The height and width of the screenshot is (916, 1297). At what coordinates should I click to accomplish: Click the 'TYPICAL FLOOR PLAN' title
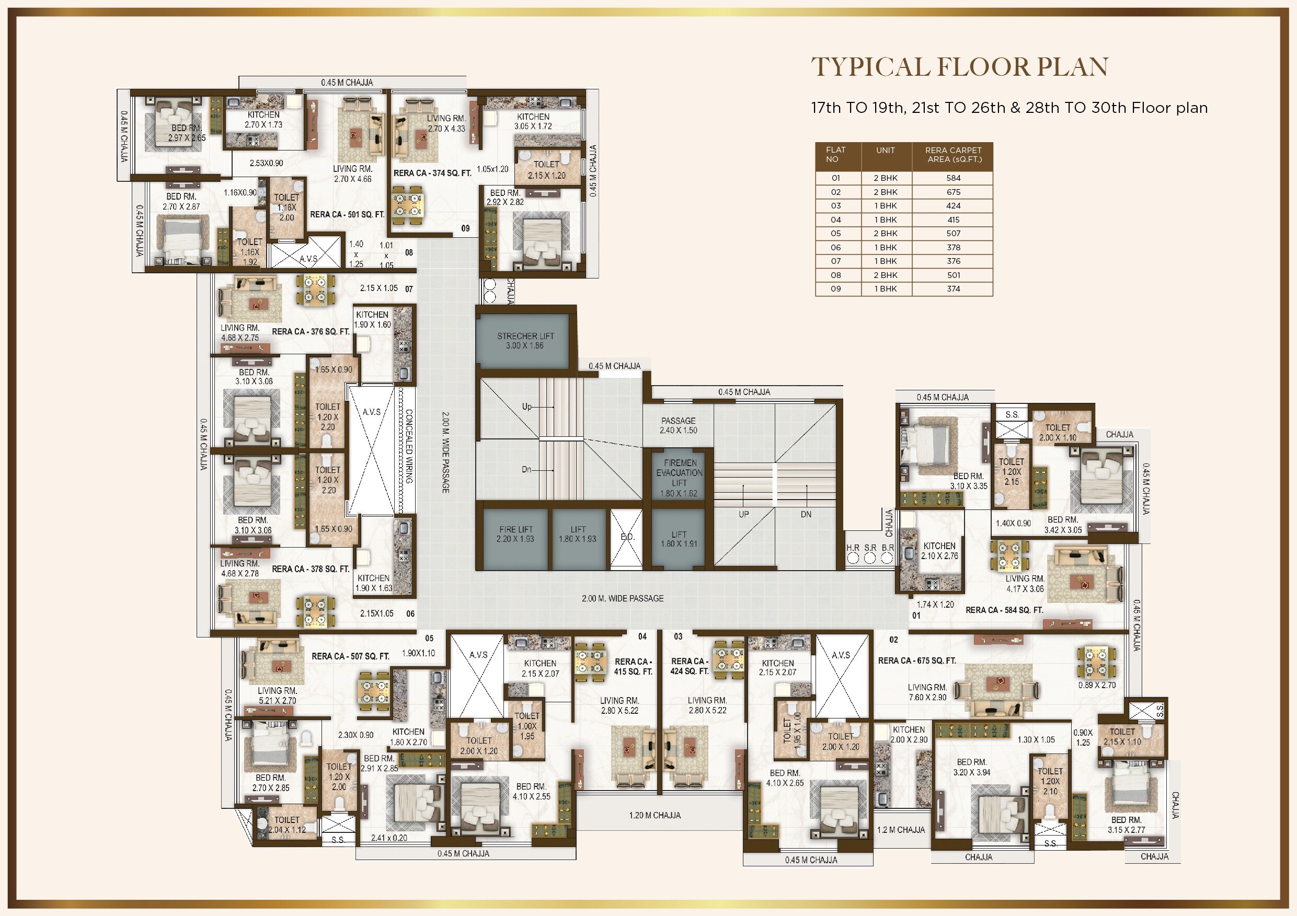[959, 67]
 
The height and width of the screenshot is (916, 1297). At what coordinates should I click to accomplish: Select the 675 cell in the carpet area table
[953, 192]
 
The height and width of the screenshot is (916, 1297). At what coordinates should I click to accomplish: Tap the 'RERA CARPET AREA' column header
[953, 155]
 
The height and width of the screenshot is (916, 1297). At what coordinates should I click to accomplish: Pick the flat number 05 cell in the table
[835, 233]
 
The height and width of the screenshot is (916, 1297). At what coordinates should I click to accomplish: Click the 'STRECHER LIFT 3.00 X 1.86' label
[525, 341]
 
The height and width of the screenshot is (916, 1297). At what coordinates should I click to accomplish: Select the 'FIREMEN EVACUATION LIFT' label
[679, 473]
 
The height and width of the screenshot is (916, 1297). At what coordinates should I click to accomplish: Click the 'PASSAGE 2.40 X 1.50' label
[678, 425]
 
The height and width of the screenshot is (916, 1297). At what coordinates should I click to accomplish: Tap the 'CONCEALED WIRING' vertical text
[409, 446]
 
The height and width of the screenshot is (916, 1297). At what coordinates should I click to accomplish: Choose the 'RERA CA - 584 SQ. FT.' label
[1004, 610]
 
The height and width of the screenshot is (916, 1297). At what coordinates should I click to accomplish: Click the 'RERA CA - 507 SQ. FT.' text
[350, 656]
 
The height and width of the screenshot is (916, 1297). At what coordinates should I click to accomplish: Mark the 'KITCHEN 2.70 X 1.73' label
[263, 120]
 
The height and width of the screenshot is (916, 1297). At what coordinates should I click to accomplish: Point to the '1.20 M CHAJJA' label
[655, 816]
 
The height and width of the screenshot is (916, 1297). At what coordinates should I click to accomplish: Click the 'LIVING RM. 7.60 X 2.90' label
[927, 692]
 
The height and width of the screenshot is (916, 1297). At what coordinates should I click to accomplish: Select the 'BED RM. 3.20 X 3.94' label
[972, 767]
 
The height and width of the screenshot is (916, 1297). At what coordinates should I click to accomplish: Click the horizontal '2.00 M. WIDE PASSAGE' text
[623, 598]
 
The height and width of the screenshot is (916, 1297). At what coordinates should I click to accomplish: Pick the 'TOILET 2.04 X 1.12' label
[287, 825]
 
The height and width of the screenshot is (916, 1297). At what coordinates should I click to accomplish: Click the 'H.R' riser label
[853, 548]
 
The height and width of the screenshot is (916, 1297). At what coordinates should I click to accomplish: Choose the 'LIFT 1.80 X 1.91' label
[679, 539]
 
